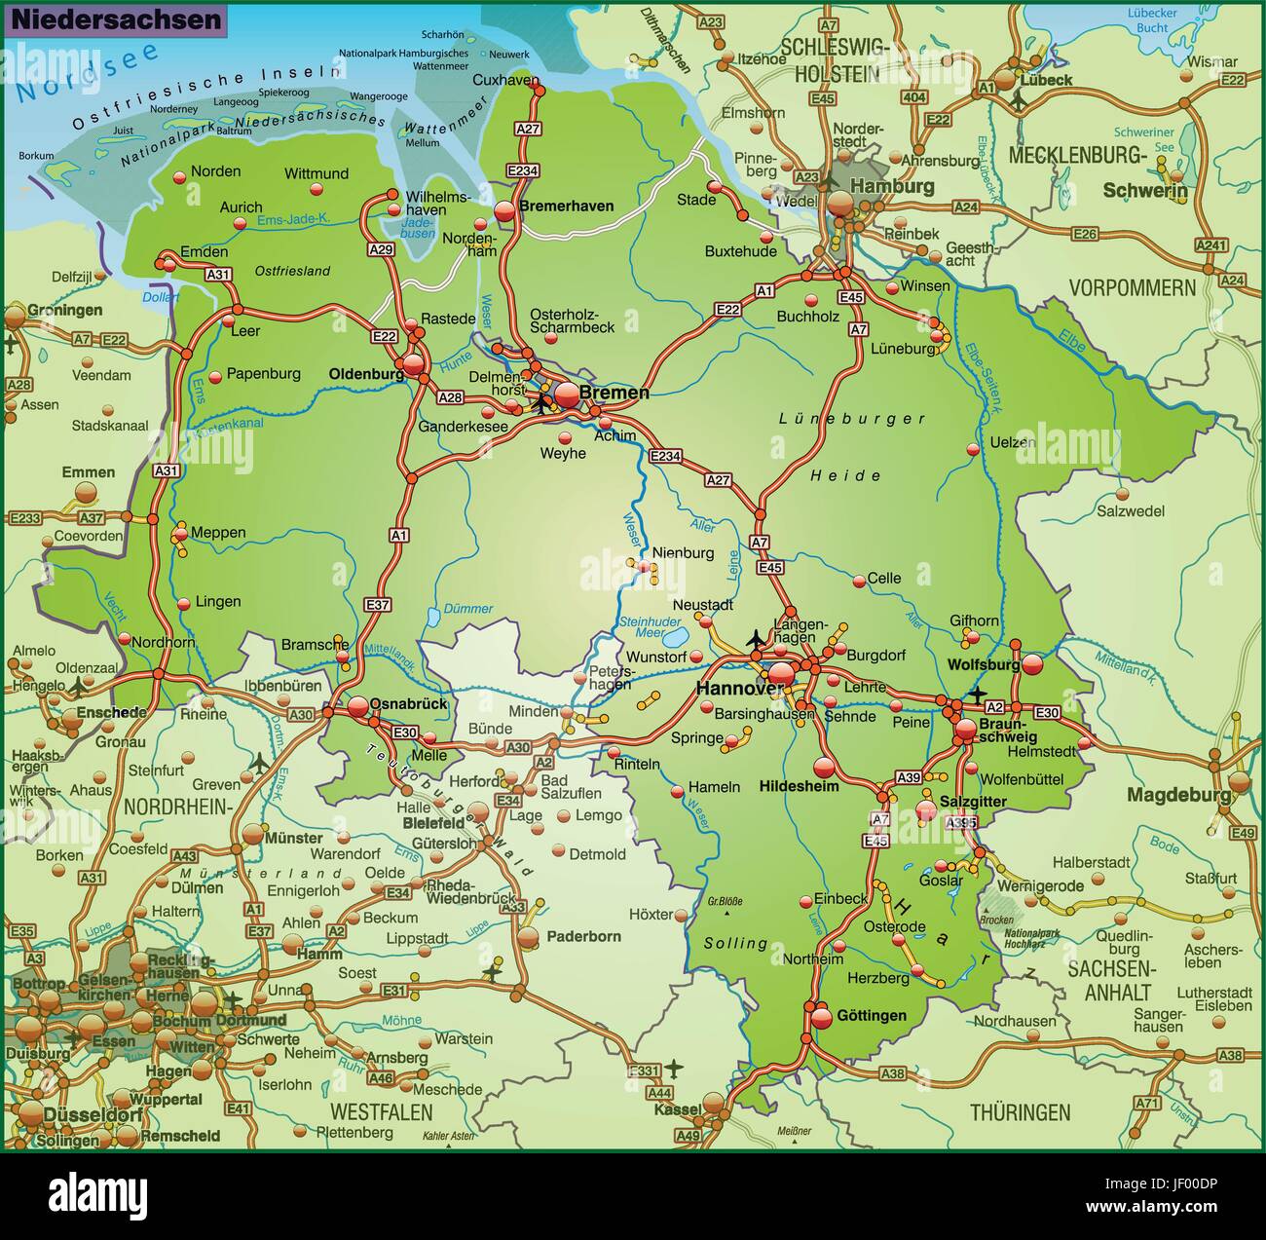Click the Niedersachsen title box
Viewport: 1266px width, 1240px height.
[x=115, y=20]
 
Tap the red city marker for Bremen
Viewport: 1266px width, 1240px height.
[x=567, y=393]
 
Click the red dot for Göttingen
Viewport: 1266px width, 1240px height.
[x=822, y=1017]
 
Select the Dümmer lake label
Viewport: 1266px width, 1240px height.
[x=468, y=609]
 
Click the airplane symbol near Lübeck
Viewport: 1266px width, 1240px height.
[x=1019, y=98]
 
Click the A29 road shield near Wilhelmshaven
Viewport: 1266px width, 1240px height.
[x=381, y=250]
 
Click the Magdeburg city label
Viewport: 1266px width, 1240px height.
[x=1178, y=795]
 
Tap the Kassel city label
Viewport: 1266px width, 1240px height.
[x=678, y=1109]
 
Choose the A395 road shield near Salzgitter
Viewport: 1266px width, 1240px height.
[x=961, y=823]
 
